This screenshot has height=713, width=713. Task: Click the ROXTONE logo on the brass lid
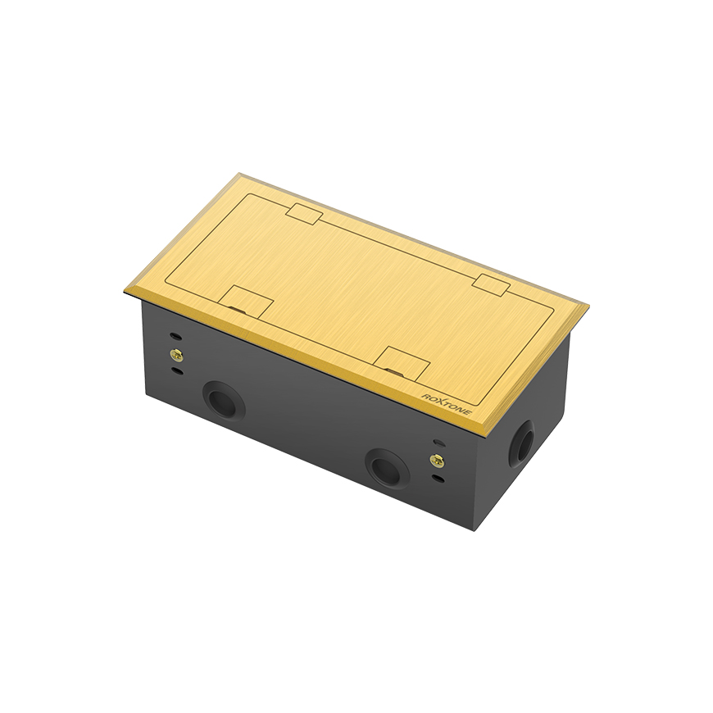click(x=447, y=403)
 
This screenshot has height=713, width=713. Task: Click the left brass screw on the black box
click(x=176, y=354)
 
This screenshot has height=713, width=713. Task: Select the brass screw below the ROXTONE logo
click(x=437, y=461)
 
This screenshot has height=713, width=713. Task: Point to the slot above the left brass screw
click(x=175, y=337)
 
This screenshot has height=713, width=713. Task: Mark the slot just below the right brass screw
click(x=438, y=477)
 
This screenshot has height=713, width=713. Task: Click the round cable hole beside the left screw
click(x=223, y=401)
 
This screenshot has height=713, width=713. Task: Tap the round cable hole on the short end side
click(x=520, y=443)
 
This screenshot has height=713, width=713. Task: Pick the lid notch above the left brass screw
click(x=248, y=302)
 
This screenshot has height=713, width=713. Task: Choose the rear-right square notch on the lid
click(x=491, y=285)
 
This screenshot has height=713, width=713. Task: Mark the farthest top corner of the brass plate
click(x=238, y=174)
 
